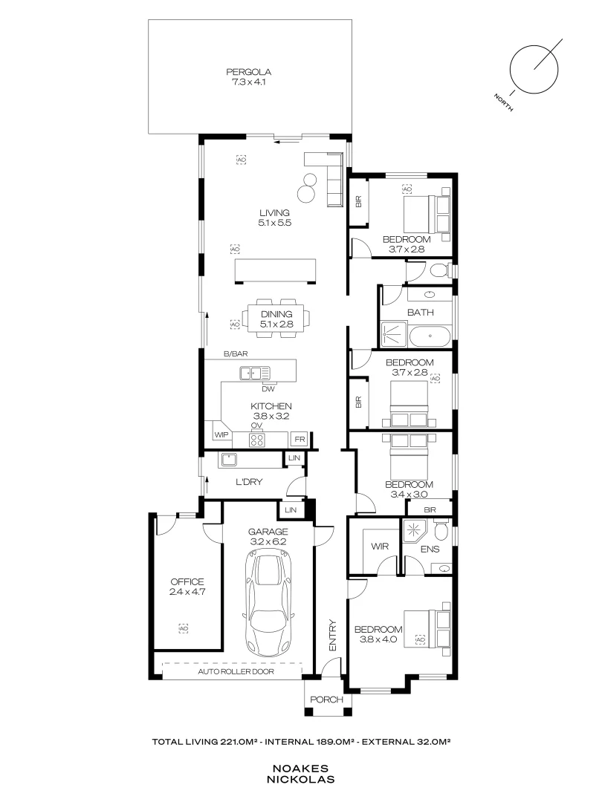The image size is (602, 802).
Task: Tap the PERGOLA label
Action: click(249, 72)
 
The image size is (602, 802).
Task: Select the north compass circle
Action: click(534, 68)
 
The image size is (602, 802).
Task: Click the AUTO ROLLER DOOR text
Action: click(236, 671)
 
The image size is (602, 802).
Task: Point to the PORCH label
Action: click(326, 700)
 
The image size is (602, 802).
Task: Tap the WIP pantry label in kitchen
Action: click(221, 434)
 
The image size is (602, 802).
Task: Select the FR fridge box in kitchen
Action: click(299, 439)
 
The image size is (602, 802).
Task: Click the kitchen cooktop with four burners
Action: click(257, 440)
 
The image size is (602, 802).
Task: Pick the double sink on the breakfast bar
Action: click(254, 372)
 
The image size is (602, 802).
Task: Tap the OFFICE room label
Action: click(187, 581)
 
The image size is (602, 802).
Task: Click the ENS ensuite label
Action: click(430, 550)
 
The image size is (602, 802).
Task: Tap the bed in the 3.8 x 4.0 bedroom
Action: click(427, 630)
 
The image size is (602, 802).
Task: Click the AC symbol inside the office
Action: click(183, 629)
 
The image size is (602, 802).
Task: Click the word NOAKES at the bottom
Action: click(302, 769)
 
